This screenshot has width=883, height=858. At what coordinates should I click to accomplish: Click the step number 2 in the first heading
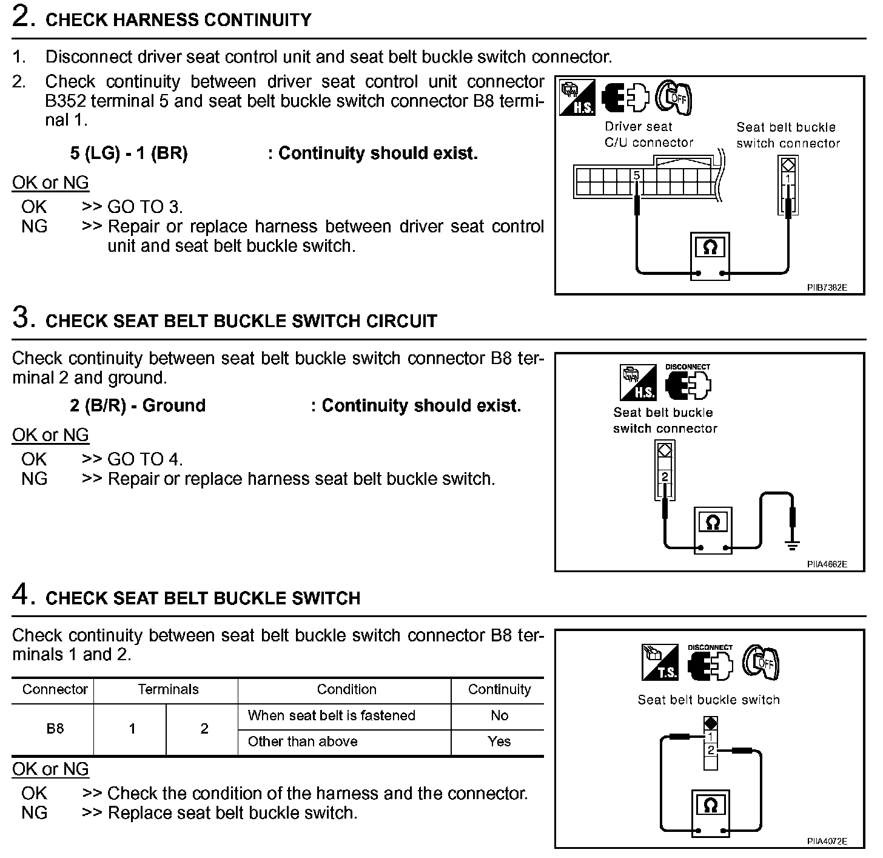pyautogui.click(x=21, y=18)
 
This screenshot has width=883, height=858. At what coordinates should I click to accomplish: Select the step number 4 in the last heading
pyautogui.click(x=21, y=596)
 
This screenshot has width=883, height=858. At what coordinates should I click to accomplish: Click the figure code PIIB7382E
pyautogui.click(x=827, y=288)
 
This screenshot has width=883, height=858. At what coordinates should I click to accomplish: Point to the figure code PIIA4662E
pyautogui.click(x=827, y=564)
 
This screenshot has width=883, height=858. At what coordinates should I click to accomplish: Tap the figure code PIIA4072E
pyautogui.click(x=827, y=841)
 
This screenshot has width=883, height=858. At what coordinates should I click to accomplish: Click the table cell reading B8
pyautogui.click(x=55, y=728)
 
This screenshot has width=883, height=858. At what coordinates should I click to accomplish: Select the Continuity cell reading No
pyautogui.click(x=499, y=715)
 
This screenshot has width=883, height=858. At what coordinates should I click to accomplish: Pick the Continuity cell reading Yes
pyautogui.click(x=499, y=741)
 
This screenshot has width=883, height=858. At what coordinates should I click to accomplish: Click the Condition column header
pyautogui.click(x=346, y=689)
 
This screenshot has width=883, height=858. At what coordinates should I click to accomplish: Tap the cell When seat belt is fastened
pyautogui.click(x=331, y=715)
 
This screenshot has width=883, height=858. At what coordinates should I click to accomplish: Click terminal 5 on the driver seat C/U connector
pyautogui.click(x=637, y=177)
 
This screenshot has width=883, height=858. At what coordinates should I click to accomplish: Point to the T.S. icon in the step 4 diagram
pyautogui.click(x=659, y=663)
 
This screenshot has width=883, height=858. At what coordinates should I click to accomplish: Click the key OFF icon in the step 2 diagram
pyautogui.click(x=675, y=97)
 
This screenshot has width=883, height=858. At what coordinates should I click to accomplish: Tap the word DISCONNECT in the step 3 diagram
pyautogui.click(x=687, y=367)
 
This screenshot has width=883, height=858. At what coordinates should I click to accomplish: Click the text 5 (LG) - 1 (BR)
pyautogui.click(x=129, y=154)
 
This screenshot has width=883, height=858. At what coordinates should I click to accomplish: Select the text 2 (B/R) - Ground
pyautogui.click(x=138, y=405)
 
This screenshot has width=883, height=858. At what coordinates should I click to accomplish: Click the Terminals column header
pyautogui.click(x=168, y=689)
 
